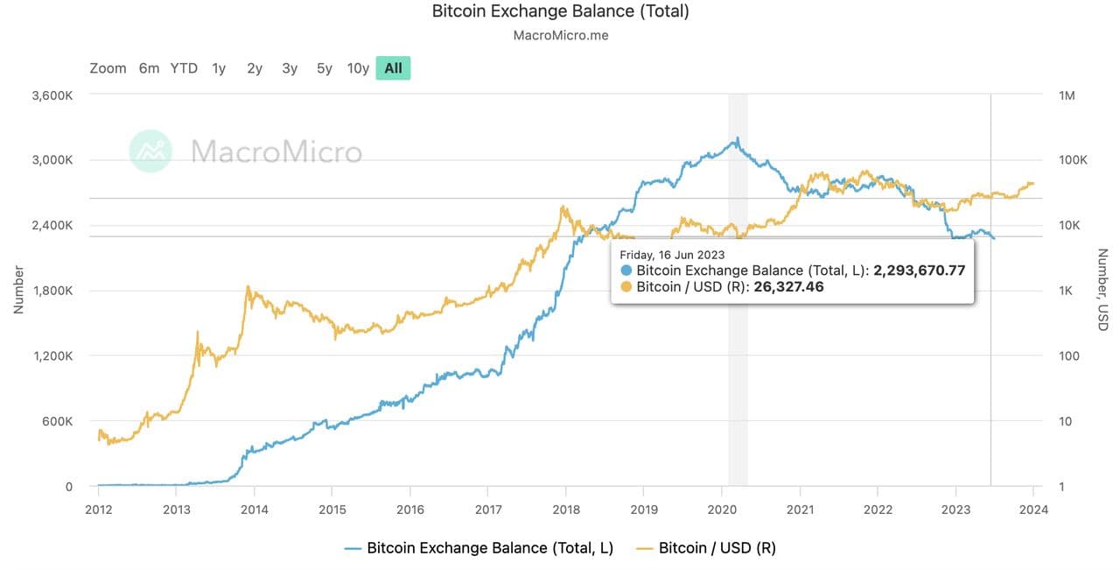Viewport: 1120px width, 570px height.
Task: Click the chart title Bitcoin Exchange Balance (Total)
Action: pos(560,11)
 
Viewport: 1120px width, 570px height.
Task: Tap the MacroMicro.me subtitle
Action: pos(560,36)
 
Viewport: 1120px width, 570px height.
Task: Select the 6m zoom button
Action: pos(149,68)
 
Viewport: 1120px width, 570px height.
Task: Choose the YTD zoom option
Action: pos(184,68)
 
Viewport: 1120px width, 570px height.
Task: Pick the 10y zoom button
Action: pos(358,68)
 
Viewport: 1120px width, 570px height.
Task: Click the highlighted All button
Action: pos(393,68)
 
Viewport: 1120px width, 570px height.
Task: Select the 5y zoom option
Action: pos(325,68)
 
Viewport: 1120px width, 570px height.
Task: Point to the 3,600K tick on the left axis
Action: pos(52,95)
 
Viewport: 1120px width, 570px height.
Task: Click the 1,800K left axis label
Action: pos(52,291)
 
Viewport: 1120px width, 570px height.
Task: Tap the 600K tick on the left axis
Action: pos(58,421)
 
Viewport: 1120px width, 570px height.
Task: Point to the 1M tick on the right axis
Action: pos(1067,95)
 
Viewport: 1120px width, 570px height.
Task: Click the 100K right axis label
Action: pos(1072,160)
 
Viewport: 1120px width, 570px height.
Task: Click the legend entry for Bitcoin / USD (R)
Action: pos(706,548)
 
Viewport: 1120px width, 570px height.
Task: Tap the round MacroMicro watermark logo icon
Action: pos(150,151)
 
